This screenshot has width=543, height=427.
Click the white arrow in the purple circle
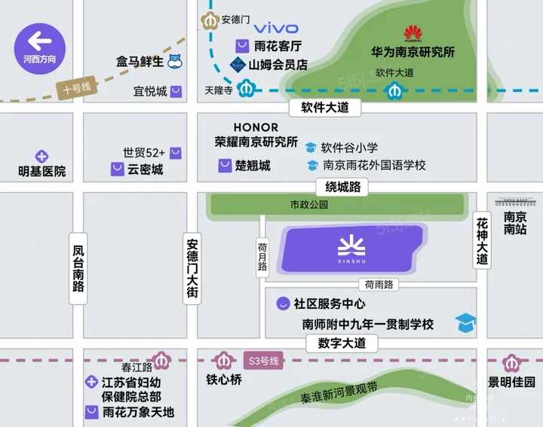coord(39,40)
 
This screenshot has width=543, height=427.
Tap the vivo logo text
coord(275,29)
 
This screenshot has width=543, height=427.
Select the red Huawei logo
coord(413,33)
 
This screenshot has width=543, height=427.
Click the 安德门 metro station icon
coord(211,20)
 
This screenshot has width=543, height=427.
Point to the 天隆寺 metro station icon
coord(244,90)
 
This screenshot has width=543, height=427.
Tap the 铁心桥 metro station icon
coord(223,361)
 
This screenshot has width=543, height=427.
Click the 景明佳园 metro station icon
coord(512,362)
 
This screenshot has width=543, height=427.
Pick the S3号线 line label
coord(263,361)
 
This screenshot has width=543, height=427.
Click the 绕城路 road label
coord(343,187)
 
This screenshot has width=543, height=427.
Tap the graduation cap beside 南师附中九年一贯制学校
coord(465,324)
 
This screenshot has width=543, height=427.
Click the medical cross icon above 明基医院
coord(42,157)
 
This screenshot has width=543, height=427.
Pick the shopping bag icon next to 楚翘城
coord(225,166)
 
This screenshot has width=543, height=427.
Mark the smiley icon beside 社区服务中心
coord(282,303)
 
